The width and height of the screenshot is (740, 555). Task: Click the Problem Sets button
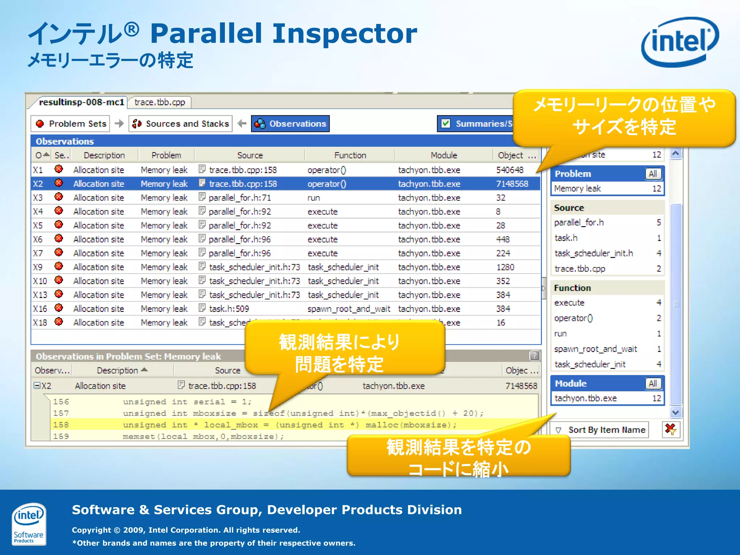tap(71, 124)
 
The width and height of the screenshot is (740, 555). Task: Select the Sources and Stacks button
tap(181, 124)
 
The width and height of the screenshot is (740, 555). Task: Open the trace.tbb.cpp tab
tap(159, 103)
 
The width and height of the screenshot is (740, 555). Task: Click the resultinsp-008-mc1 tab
tap(81, 103)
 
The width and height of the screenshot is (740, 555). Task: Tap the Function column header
tap(350, 155)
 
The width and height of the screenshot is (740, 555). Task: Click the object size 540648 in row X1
tap(509, 170)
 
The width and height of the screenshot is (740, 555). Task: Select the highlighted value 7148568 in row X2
tap(512, 184)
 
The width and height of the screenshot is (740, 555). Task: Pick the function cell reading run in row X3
tap(314, 198)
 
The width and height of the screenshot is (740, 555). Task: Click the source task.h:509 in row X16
tap(229, 309)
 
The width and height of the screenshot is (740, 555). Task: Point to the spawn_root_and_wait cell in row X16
tap(349, 309)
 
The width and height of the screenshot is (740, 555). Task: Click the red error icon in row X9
tap(59, 267)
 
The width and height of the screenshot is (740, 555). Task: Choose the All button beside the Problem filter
tap(653, 174)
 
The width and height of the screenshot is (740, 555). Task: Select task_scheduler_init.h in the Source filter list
tap(594, 254)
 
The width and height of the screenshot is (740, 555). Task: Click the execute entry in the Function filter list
tap(569, 303)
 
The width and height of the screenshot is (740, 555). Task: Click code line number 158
tap(61, 425)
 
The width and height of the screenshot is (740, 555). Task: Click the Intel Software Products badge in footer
tap(29, 524)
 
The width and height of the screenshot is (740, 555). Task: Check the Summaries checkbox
tap(446, 124)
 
